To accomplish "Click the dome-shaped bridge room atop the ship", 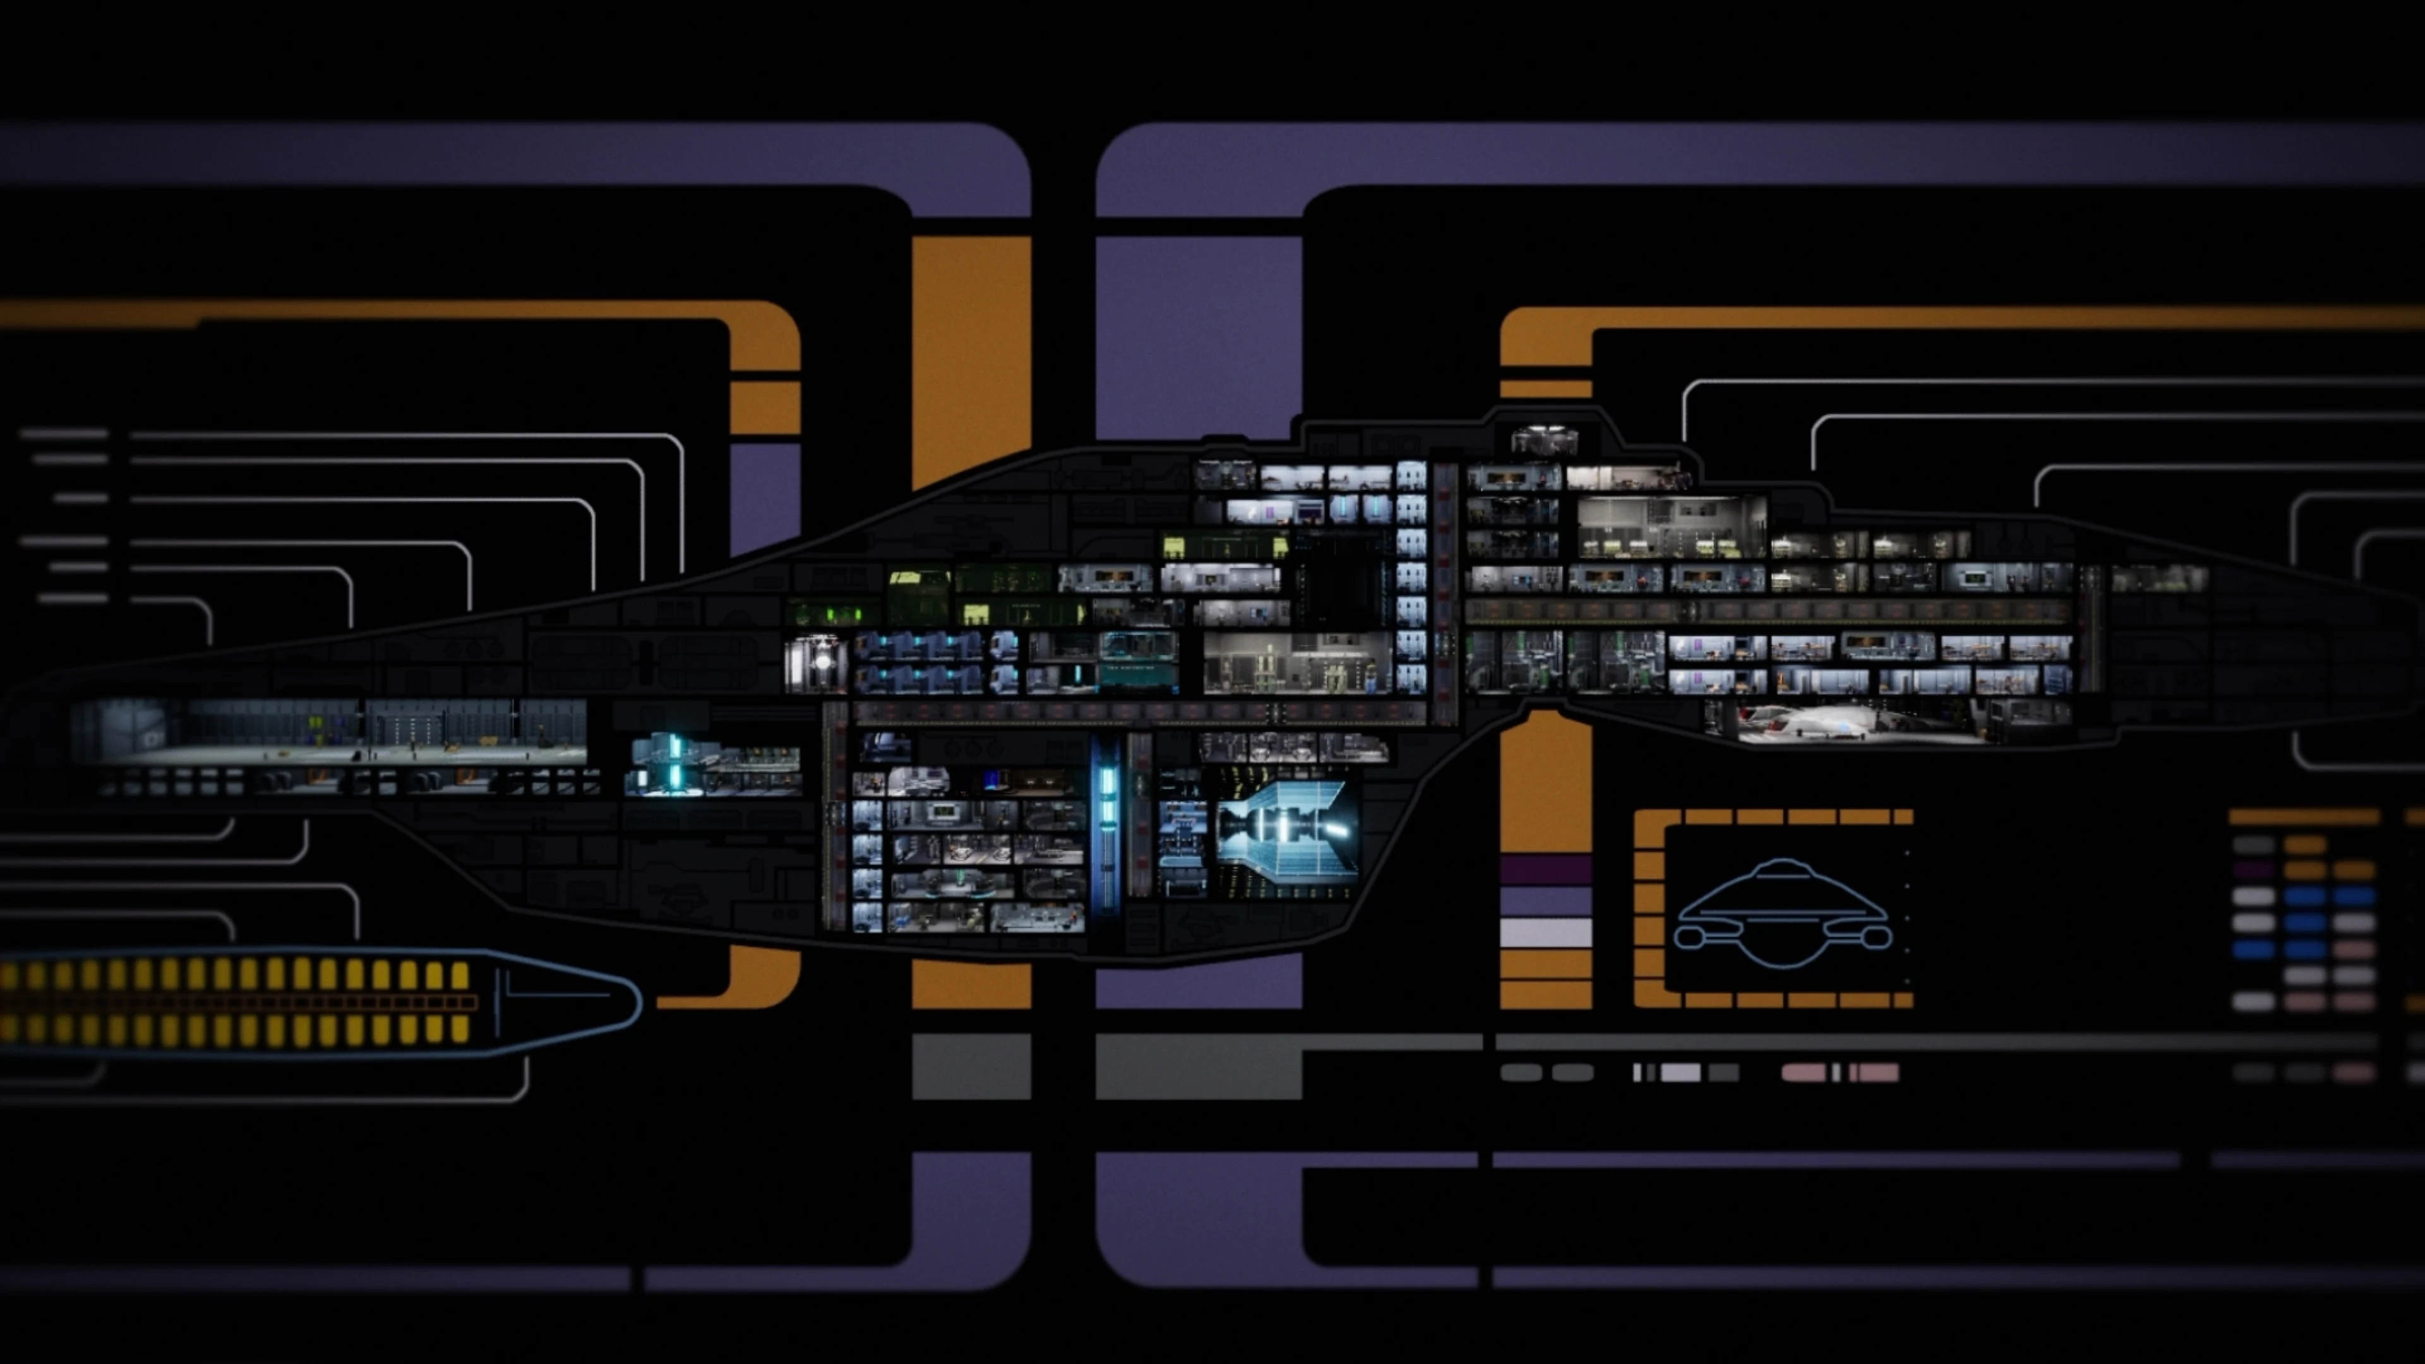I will [1544, 439].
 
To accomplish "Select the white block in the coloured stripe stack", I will [1545, 933].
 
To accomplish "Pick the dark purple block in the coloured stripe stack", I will [1545, 869].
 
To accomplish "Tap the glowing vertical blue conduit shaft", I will [1106, 810].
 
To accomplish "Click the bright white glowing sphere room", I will [821, 662].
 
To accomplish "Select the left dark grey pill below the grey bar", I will [1520, 1072].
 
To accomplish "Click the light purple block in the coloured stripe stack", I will [1545, 901].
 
